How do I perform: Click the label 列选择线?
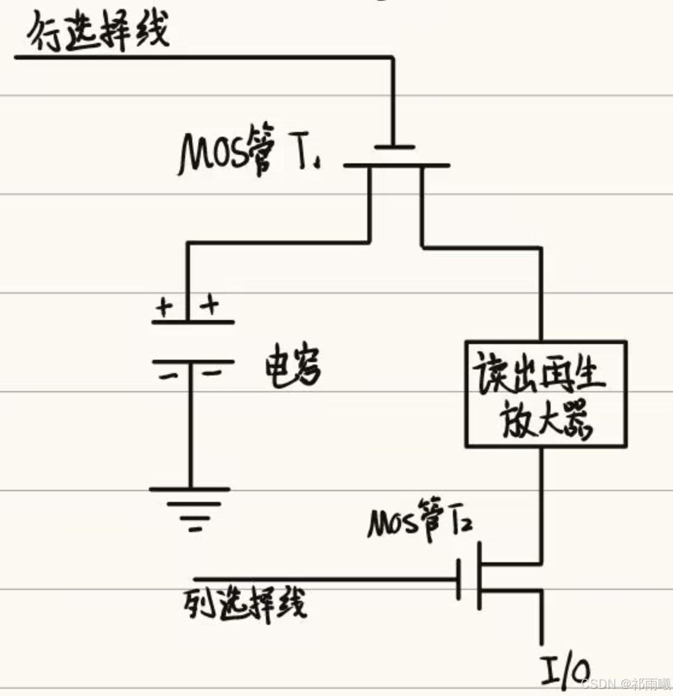pyautogui.click(x=245, y=603)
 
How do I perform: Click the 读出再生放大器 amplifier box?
pyautogui.click(x=546, y=394)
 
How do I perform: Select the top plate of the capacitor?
pyautogui.click(x=193, y=322)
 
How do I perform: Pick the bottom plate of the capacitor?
pyautogui.click(x=193, y=362)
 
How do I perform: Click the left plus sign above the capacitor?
pyautogui.click(x=163, y=307)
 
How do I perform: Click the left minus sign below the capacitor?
pyautogui.click(x=168, y=376)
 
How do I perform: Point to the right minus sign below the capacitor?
pyautogui.click(x=210, y=374)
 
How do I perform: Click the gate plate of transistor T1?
pyautogui.click(x=394, y=146)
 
